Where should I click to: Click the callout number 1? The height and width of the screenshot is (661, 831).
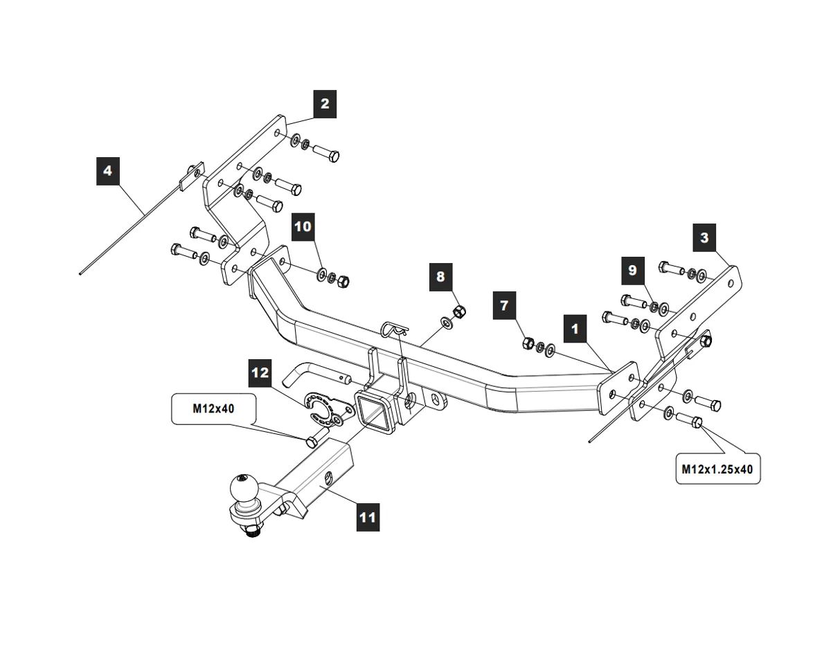click(x=575, y=328)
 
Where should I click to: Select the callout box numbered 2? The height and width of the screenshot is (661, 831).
click(x=324, y=104)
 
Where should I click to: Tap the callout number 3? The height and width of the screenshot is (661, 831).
click(x=704, y=238)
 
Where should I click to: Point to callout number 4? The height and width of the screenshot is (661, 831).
click(x=107, y=170)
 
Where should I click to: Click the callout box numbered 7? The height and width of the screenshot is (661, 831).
click(x=504, y=305)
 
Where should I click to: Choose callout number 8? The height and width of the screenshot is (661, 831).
click(x=440, y=276)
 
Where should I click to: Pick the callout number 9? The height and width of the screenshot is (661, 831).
click(x=632, y=270)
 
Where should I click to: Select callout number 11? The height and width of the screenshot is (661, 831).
click(x=368, y=516)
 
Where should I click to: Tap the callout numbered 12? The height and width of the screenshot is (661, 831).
click(x=260, y=373)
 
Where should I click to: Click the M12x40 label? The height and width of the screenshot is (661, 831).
click(x=213, y=408)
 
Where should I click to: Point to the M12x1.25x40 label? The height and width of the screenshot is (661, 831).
click(x=717, y=469)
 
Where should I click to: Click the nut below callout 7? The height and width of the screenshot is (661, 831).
click(x=526, y=341)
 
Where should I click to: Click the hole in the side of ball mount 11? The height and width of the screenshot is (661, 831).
click(x=327, y=477)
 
